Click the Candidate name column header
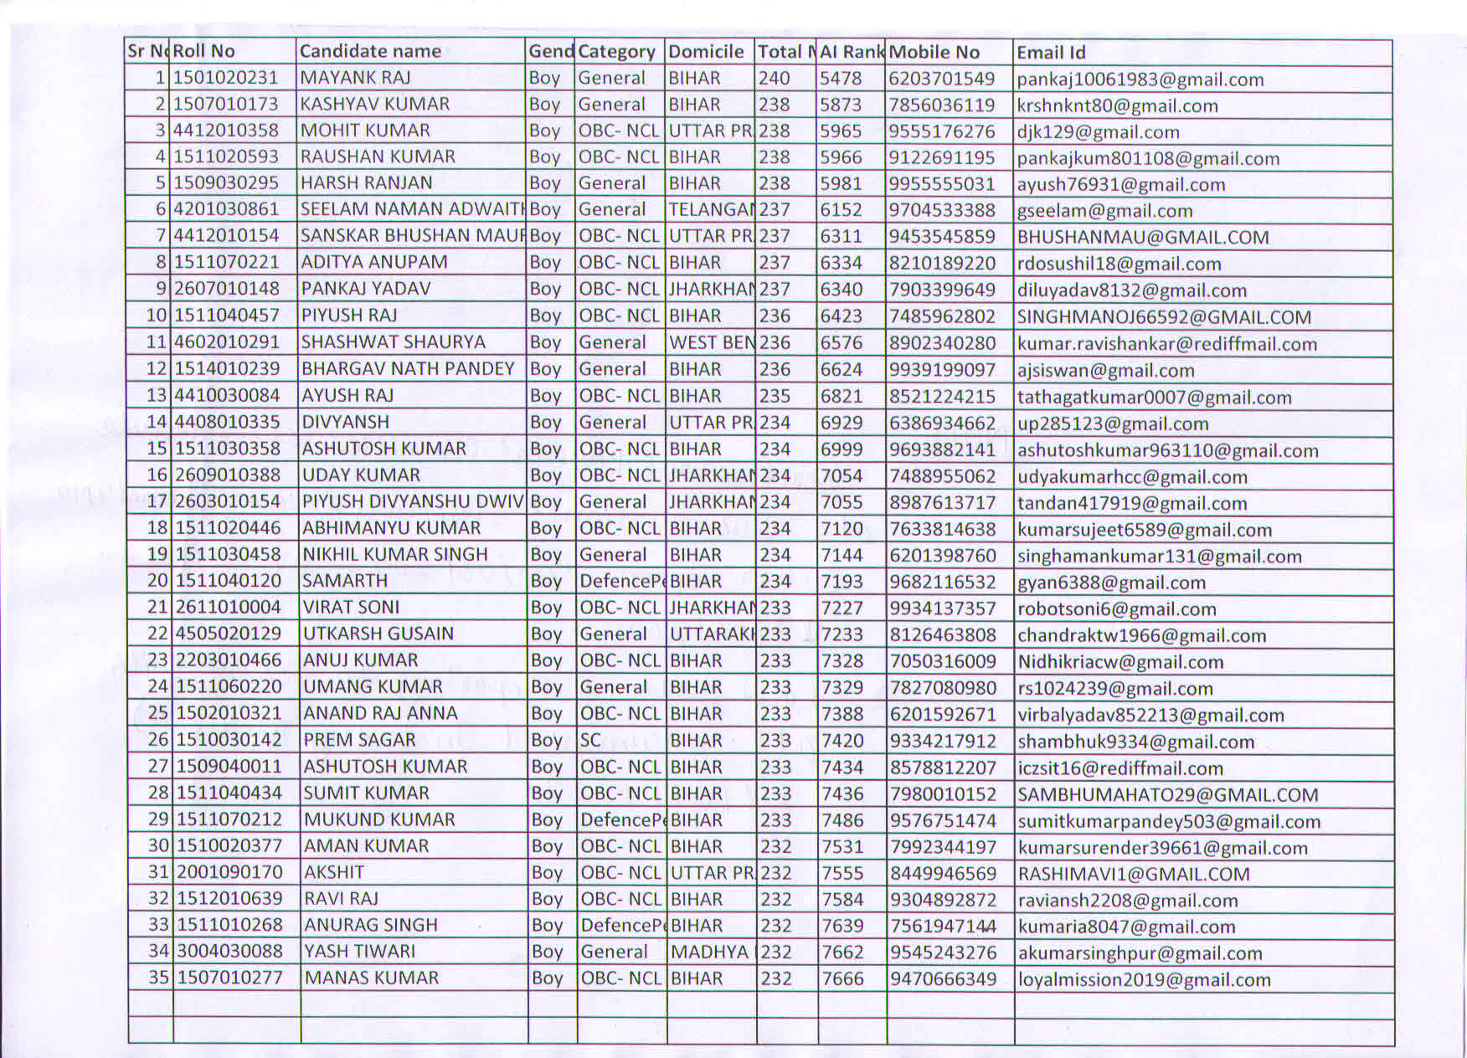click(x=370, y=51)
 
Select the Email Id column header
click(x=1051, y=53)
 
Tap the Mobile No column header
click(x=934, y=52)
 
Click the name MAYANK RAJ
click(x=355, y=78)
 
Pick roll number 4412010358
click(x=225, y=131)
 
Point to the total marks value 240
click(x=775, y=78)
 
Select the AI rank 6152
click(x=841, y=209)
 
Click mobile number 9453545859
click(x=942, y=236)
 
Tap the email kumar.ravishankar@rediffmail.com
click(x=1166, y=344)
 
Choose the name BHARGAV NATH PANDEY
click(x=408, y=368)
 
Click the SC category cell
click(x=590, y=740)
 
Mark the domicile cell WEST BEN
click(x=711, y=342)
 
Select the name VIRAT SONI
click(x=351, y=607)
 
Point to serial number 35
click(x=157, y=977)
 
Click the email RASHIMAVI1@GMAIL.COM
click(x=1133, y=874)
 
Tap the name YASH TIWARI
click(x=359, y=951)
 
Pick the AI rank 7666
click(x=842, y=978)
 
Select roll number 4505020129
click(x=228, y=634)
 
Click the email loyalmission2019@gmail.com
click(x=1144, y=979)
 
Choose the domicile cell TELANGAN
click(x=711, y=209)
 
